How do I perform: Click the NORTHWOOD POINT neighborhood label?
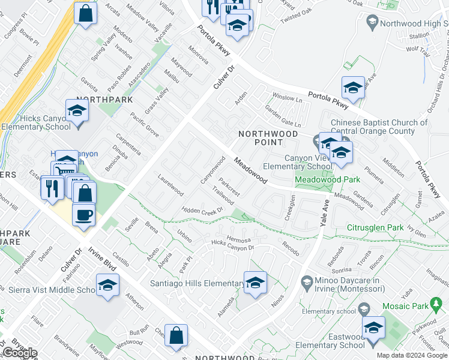coord(260,137)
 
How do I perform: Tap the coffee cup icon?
coord(84,214)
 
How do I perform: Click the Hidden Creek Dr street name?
coord(203,210)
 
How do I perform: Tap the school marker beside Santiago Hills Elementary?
coord(255,282)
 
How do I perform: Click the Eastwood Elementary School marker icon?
coord(373,328)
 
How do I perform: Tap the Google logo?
coord(20,353)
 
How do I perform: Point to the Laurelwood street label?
coord(170,185)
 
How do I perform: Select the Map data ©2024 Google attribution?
coord(411,355)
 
